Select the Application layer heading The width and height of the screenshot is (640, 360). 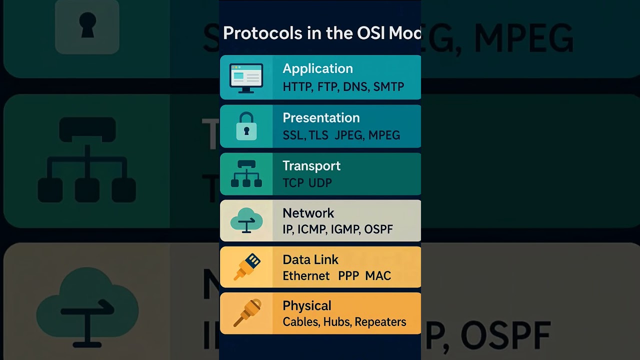pos(317,68)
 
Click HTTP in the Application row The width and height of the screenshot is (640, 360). pos(297,87)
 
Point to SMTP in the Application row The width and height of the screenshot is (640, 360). pos(388,87)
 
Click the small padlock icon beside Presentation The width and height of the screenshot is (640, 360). pos(246,126)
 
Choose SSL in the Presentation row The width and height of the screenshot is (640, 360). pos(293,135)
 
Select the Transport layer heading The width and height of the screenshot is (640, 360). pos(311,166)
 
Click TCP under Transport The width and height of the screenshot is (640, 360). pos(293,183)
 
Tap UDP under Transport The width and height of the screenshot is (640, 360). pos(320,183)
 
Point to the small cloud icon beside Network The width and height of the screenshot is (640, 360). pos(246,220)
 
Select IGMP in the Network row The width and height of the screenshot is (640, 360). pos(345,229)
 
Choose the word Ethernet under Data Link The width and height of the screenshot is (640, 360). pos(306,276)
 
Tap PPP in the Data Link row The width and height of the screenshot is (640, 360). pos(348,276)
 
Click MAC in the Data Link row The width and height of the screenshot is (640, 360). pos(378,276)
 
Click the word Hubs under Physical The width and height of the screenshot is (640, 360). pos(336,322)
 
